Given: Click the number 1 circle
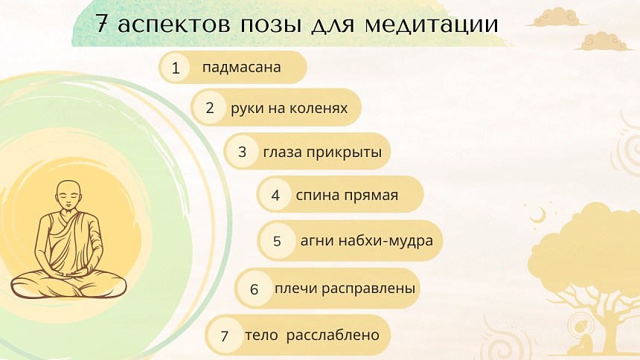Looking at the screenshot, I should coord(176,68).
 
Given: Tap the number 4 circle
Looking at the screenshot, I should coord(275,196).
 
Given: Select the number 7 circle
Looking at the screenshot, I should coord(224,335).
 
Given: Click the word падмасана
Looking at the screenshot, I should coord(241,68).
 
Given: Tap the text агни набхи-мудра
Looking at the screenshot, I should coord(367,240).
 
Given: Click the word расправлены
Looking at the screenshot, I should coord(369,288).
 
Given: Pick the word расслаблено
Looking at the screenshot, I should coord(333,335).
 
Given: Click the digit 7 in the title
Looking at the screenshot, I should coord(105,25).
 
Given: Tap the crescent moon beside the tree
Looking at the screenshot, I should coord(537,216).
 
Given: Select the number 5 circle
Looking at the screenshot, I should coord(277,241).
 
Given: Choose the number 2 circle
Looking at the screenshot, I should coord(210,109).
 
